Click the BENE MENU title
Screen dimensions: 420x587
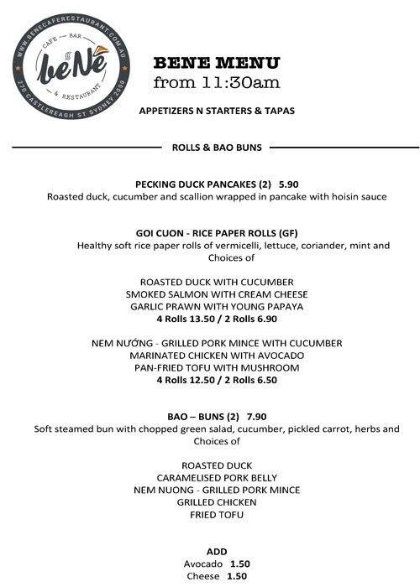[218, 64]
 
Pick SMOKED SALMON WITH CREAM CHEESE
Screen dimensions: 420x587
[217, 294]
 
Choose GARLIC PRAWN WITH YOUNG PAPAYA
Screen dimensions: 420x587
[217, 306]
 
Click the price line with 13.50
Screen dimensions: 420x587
[217, 319]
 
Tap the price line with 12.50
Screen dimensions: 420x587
[217, 380]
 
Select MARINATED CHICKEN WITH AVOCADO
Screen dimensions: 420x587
[217, 356]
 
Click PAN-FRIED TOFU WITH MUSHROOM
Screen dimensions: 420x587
[217, 367]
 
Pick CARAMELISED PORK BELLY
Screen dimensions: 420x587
[217, 477]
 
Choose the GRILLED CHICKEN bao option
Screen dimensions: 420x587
[217, 501]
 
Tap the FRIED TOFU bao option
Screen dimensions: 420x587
[217, 514]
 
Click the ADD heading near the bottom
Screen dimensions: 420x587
[216, 551]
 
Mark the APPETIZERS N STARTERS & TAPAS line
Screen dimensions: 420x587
[217, 110]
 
